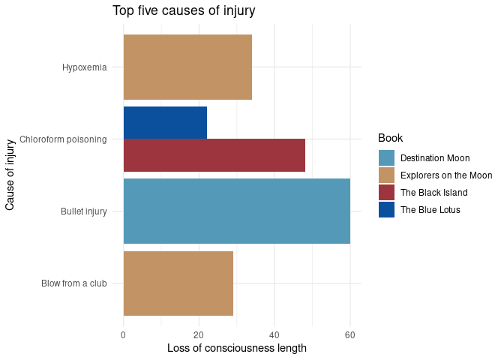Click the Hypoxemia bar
click(x=187, y=67)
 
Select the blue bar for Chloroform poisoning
click(x=165, y=123)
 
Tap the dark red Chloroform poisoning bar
click(x=214, y=155)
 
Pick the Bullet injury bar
click(x=236, y=211)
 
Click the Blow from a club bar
click(x=178, y=283)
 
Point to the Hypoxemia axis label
click(x=85, y=67)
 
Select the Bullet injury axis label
click(x=84, y=211)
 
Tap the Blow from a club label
click(x=74, y=283)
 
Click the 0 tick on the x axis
click(x=123, y=334)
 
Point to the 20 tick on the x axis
click(x=199, y=334)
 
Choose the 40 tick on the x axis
click(x=274, y=334)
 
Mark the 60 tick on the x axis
click(x=349, y=334)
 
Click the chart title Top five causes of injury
click(x=184, y=10)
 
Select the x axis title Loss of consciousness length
click(x=237, y=348)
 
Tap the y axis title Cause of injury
click(x=10, y=174)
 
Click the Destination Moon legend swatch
click(x=387, y=158)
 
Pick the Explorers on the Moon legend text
click(x=446, y=175)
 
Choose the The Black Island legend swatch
click(x=387, y=193)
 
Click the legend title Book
click(x=391, y=138)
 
